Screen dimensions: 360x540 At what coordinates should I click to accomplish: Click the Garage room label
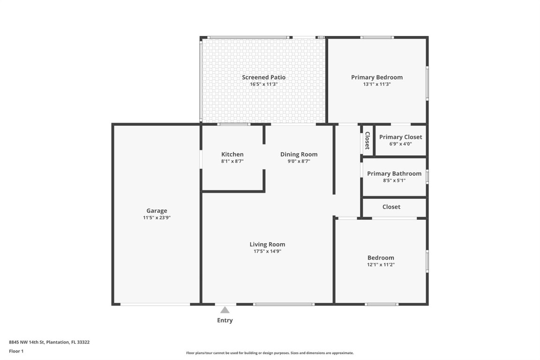157,211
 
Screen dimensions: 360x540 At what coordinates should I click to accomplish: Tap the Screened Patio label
263,77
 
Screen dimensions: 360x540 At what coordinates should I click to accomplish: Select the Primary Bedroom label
377,77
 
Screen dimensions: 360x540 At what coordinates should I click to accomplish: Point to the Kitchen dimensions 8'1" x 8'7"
232,161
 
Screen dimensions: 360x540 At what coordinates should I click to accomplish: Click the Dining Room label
299,154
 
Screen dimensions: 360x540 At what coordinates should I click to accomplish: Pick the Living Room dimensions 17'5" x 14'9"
267,251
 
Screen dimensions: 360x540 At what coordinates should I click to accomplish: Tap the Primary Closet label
400,137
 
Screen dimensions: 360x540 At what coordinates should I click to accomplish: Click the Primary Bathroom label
394,173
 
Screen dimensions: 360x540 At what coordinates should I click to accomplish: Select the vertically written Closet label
367,140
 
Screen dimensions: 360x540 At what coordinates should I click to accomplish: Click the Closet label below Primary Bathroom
391,207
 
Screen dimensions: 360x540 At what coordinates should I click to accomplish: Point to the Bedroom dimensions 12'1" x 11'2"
381,264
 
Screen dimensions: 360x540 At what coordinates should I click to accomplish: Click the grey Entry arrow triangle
225,310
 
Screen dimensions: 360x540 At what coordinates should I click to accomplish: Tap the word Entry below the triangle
225,321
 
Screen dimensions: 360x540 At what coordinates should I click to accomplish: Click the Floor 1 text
16,351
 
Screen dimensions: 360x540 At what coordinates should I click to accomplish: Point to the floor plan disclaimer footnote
270,353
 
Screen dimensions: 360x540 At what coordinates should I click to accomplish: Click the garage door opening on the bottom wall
155,304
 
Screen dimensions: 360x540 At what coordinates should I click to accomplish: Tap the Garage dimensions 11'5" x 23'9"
157,217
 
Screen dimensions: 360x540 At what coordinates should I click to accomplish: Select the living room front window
284,304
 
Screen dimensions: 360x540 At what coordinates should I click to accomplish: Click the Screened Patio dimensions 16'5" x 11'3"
263,84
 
